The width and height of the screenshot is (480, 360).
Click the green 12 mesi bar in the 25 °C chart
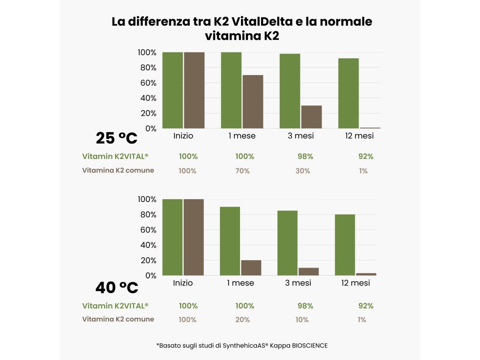click(348, 93)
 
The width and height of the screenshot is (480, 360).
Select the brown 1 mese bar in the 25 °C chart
click(253, 102)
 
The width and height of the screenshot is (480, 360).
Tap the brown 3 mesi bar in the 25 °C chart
click(311, 117)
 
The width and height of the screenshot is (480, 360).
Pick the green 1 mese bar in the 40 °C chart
click(230, 241)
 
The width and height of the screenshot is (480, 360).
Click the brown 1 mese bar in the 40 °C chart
click(251, 268)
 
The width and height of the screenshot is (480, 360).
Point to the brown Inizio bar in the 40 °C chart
click(194, 237)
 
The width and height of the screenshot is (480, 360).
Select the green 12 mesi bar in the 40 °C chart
click(345, 245)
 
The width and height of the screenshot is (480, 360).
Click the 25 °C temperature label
click(116, 138)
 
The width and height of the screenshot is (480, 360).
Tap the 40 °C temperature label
click(116, 287)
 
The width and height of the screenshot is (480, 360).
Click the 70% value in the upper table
click(243, 171)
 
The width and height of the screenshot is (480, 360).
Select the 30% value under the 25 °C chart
click(302, 171)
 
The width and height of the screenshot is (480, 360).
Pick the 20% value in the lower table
click(243, 320)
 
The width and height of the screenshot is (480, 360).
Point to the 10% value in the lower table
click(302, 320)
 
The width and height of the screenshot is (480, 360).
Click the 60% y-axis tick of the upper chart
click(147, 83)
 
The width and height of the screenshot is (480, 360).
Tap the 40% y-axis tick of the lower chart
click(147, 245)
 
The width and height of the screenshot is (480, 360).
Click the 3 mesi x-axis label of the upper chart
click(301, 136)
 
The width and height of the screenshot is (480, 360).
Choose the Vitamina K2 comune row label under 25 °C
click(118, 170)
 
